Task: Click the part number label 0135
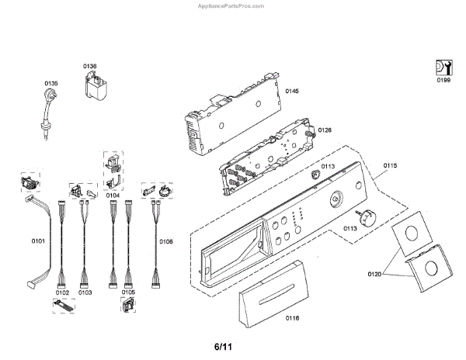click(51, 83)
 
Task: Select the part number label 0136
click(90, 67)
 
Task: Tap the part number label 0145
click(292, 92)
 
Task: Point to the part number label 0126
click(325, 130)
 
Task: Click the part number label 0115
click(390, 165)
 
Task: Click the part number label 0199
click(443, 80)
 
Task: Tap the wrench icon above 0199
click(443, 67)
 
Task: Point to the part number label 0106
click(166, 241)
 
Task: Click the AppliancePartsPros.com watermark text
click(232, 4)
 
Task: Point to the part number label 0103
click(85, 292)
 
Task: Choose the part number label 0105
click(128, 292)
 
